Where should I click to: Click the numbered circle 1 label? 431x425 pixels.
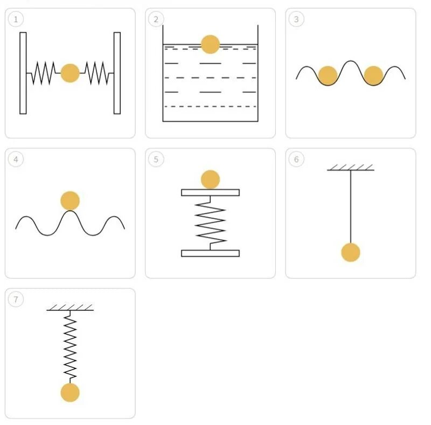pos(16,19)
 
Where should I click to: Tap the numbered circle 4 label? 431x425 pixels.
pos(16,159)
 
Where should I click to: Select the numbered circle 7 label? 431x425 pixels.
pos(16,299)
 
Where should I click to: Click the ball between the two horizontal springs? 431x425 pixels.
pos(70,73)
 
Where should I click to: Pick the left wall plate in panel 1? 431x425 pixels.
pos(23,73)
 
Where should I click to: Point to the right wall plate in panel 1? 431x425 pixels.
pos(117,73)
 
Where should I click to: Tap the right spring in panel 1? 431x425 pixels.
pos(97,73)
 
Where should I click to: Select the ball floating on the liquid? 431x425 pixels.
pos(210,44)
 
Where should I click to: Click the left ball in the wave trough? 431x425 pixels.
pos(327,75)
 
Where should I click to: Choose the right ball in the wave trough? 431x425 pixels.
pos(373,75)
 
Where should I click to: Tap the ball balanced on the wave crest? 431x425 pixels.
pos(70,200)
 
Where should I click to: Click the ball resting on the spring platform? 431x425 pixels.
pos(210,179)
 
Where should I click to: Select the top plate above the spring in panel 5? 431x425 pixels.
pos(210,192)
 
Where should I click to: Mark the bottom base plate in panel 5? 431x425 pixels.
pos(210,253)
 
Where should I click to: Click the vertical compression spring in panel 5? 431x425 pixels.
pos(210,222)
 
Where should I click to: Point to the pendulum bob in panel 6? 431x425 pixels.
pos(351,252)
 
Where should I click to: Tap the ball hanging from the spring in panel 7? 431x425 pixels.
pos(70,392)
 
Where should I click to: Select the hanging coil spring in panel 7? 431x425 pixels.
pos(70,347)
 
